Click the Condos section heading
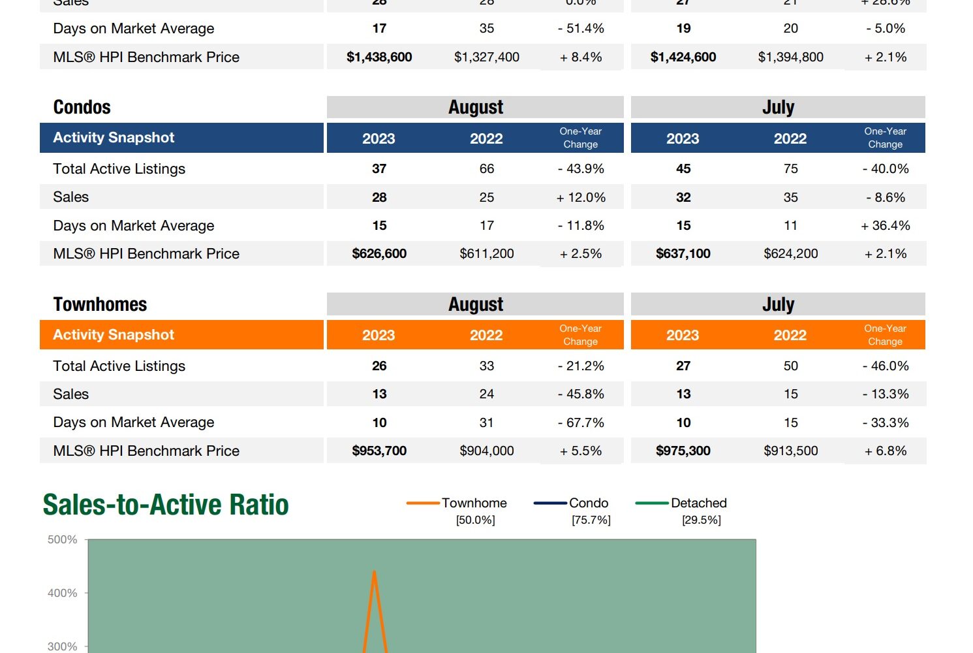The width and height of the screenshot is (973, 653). pyautogui.click(x=82, y=107)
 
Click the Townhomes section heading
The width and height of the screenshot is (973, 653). pyautogui.click(x=100, y=304)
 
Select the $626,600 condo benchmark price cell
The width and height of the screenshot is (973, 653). pyautogui.click(x=379, y=253)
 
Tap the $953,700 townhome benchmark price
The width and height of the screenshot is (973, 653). pyautogui.click(x=379, y=451)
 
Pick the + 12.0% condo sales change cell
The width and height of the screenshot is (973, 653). pyautogui.click(x=581, y=197)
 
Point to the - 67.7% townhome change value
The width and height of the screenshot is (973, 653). pyautogui.click(x=581, y=422)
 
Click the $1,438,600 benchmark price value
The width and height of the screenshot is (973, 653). pyautogui.click(x=379, y=57)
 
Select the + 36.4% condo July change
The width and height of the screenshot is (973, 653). pyautogui.click(x=885, y=225)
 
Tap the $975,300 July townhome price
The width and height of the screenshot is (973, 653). pyautogui.click(x=683, y=451)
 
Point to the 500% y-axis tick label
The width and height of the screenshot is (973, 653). pyautogui.click(x=63, y=539)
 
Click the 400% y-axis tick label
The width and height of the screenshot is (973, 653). pyautogui.click(x=63, y=593)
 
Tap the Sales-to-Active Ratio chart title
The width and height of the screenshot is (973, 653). pyautogui.click(x=166, y=505)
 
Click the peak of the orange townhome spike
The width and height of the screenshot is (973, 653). pyautogui.click(x=374, y=572)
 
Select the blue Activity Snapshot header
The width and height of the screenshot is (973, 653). pyautogui.click(x=114, y=138)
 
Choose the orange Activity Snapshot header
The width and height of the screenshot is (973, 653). pyautogui.click(x=114, y=335)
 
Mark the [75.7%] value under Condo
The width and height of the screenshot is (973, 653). pyautogui.click(x=591, y=520)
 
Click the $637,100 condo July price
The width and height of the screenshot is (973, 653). pyautogui.click(x=683, y=253)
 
